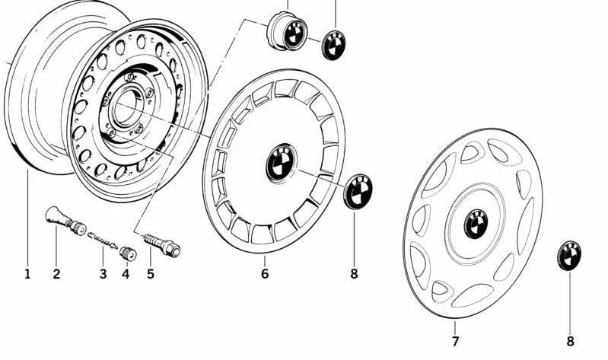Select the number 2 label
56,273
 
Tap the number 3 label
103,273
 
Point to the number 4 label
126,273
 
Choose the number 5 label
150,273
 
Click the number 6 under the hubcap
265,273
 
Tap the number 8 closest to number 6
354,273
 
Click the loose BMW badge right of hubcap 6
358,191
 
